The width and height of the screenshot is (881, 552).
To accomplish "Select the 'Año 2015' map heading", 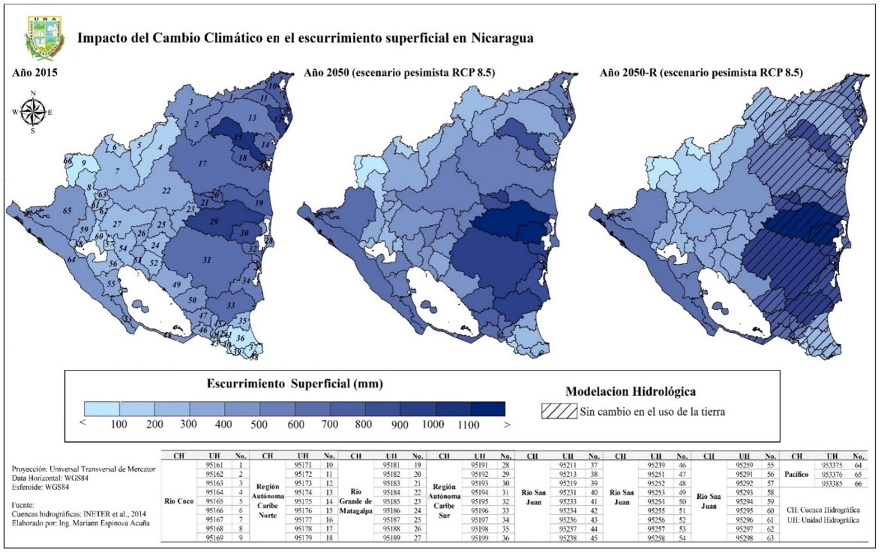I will click(x=35, y=73).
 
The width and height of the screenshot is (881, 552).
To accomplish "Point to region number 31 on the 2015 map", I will click(x=206, y=260).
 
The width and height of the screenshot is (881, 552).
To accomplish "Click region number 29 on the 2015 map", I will click(x=214, y=222).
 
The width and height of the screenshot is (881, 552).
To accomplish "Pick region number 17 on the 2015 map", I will click(x=202, y=164).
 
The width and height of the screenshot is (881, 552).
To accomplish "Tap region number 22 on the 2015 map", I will click(x=166, y=191).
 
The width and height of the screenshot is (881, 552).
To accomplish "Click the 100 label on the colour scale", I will click(x=119, y=424).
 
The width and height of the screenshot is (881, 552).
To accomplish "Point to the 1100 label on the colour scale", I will click(x=468, y=424).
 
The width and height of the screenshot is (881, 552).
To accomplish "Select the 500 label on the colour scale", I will click(x=259, y=424).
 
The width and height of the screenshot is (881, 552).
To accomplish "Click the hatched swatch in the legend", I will click(x=559, y=411).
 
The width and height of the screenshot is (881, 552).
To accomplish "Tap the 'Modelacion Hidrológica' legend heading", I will click(x=630, y=392).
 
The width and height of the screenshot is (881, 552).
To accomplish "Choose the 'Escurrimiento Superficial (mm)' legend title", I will click(x=295, y=384).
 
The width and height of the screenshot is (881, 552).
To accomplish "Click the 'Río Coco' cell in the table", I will click(x=179, y=501).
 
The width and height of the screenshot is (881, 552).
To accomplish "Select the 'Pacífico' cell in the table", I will click(x=797, y=474).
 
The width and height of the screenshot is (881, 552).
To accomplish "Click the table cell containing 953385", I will click(x=832, y=484).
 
